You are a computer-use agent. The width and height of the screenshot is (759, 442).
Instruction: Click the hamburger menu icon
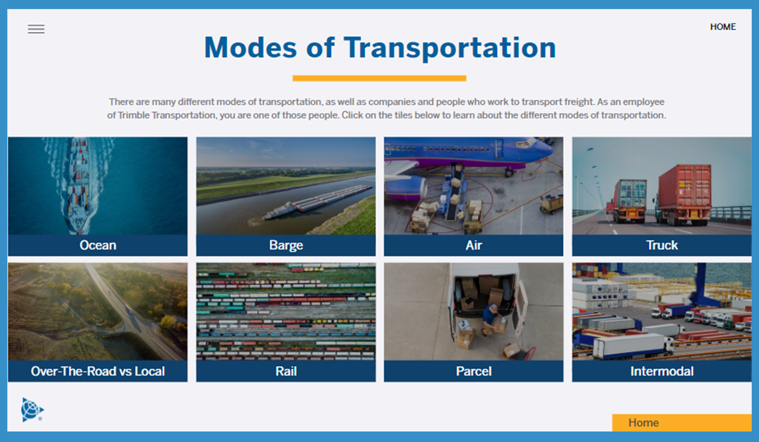(x=36, y=29)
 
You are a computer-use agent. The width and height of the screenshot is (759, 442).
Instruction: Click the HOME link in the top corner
(x=723, y=27)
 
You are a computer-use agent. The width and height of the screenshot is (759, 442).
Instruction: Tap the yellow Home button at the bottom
(x=682, y=422)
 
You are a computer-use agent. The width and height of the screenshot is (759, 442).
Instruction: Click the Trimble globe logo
(x=32, y=410)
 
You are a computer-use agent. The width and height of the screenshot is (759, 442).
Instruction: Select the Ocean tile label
(x=98, y=245)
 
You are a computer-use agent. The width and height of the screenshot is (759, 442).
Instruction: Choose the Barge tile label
(x=286, y=246)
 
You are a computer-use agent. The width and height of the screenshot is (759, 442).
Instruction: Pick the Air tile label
(x=473, y=245)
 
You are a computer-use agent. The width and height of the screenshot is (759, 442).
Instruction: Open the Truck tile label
(x=662, y=245)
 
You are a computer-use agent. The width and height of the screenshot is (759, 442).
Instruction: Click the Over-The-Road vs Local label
(x=98, y=371)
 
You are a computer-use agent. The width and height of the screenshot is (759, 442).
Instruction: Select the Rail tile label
(x=286, y=371)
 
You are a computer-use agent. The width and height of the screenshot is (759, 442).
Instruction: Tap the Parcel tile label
(x=473, y=371)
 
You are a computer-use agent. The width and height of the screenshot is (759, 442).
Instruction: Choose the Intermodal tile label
(x=662, y=371)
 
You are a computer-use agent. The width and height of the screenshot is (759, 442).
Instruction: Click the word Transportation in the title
(x=450, y=48)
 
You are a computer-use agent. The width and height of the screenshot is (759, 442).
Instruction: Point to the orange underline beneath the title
(x=379, y=78)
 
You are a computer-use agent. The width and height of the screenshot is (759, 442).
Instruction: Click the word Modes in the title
(x=250, y=48)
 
